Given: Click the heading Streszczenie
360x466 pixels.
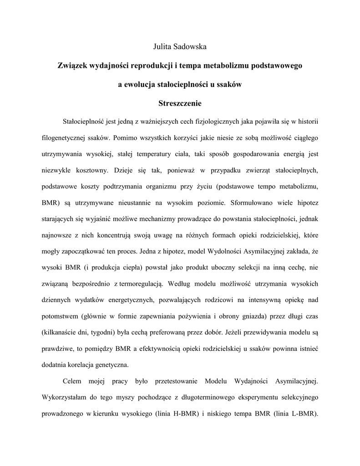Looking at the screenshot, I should point(180,104).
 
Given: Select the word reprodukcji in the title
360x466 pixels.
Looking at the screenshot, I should point(152,66).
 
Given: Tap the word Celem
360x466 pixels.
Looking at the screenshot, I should point(73,380).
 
